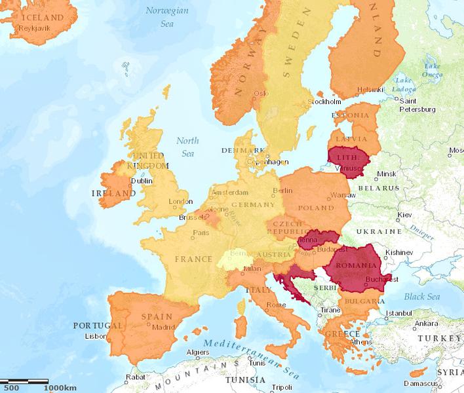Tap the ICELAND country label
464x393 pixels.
(x=42, y=18)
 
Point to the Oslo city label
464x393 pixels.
(x=261, y=93)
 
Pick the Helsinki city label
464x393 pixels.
(x=370, y=89)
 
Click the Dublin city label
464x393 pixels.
(x=142, y=181)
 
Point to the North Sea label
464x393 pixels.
(x=187, y=147)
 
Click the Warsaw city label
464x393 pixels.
(x=343, y=195)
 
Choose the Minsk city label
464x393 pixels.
(x=387, y=174)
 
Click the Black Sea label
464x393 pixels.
(x=421, y=297)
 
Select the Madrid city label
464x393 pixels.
(x=163, y=327)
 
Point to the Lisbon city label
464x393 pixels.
(x=95, y=336)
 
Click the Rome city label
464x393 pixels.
(x=276, y=304)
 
